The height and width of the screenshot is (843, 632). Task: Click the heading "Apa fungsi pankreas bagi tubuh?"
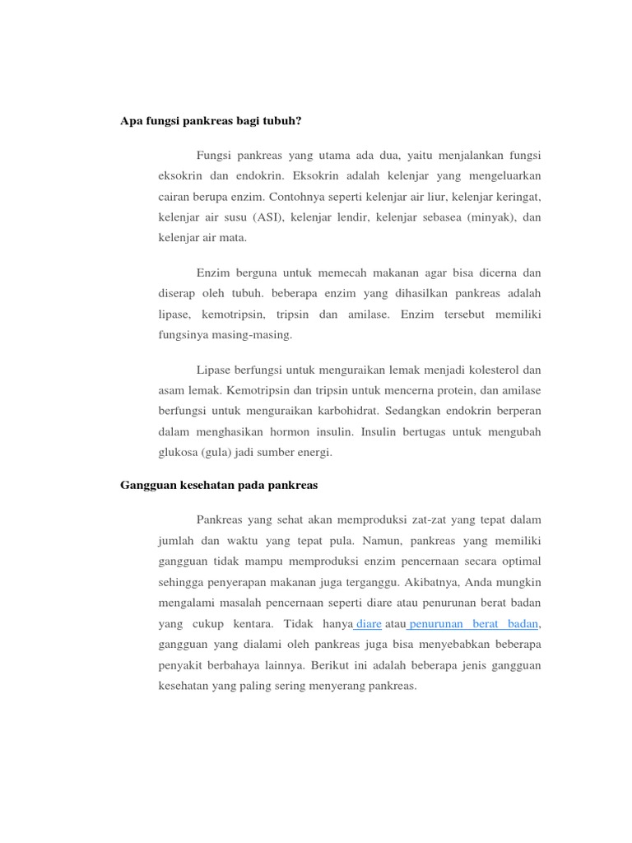point(211,121)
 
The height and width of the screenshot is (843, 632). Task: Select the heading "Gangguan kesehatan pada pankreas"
point(219,486)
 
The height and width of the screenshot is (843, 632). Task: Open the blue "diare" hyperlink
point(368,625)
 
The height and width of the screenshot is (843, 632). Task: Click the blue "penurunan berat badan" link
point(473,625)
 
